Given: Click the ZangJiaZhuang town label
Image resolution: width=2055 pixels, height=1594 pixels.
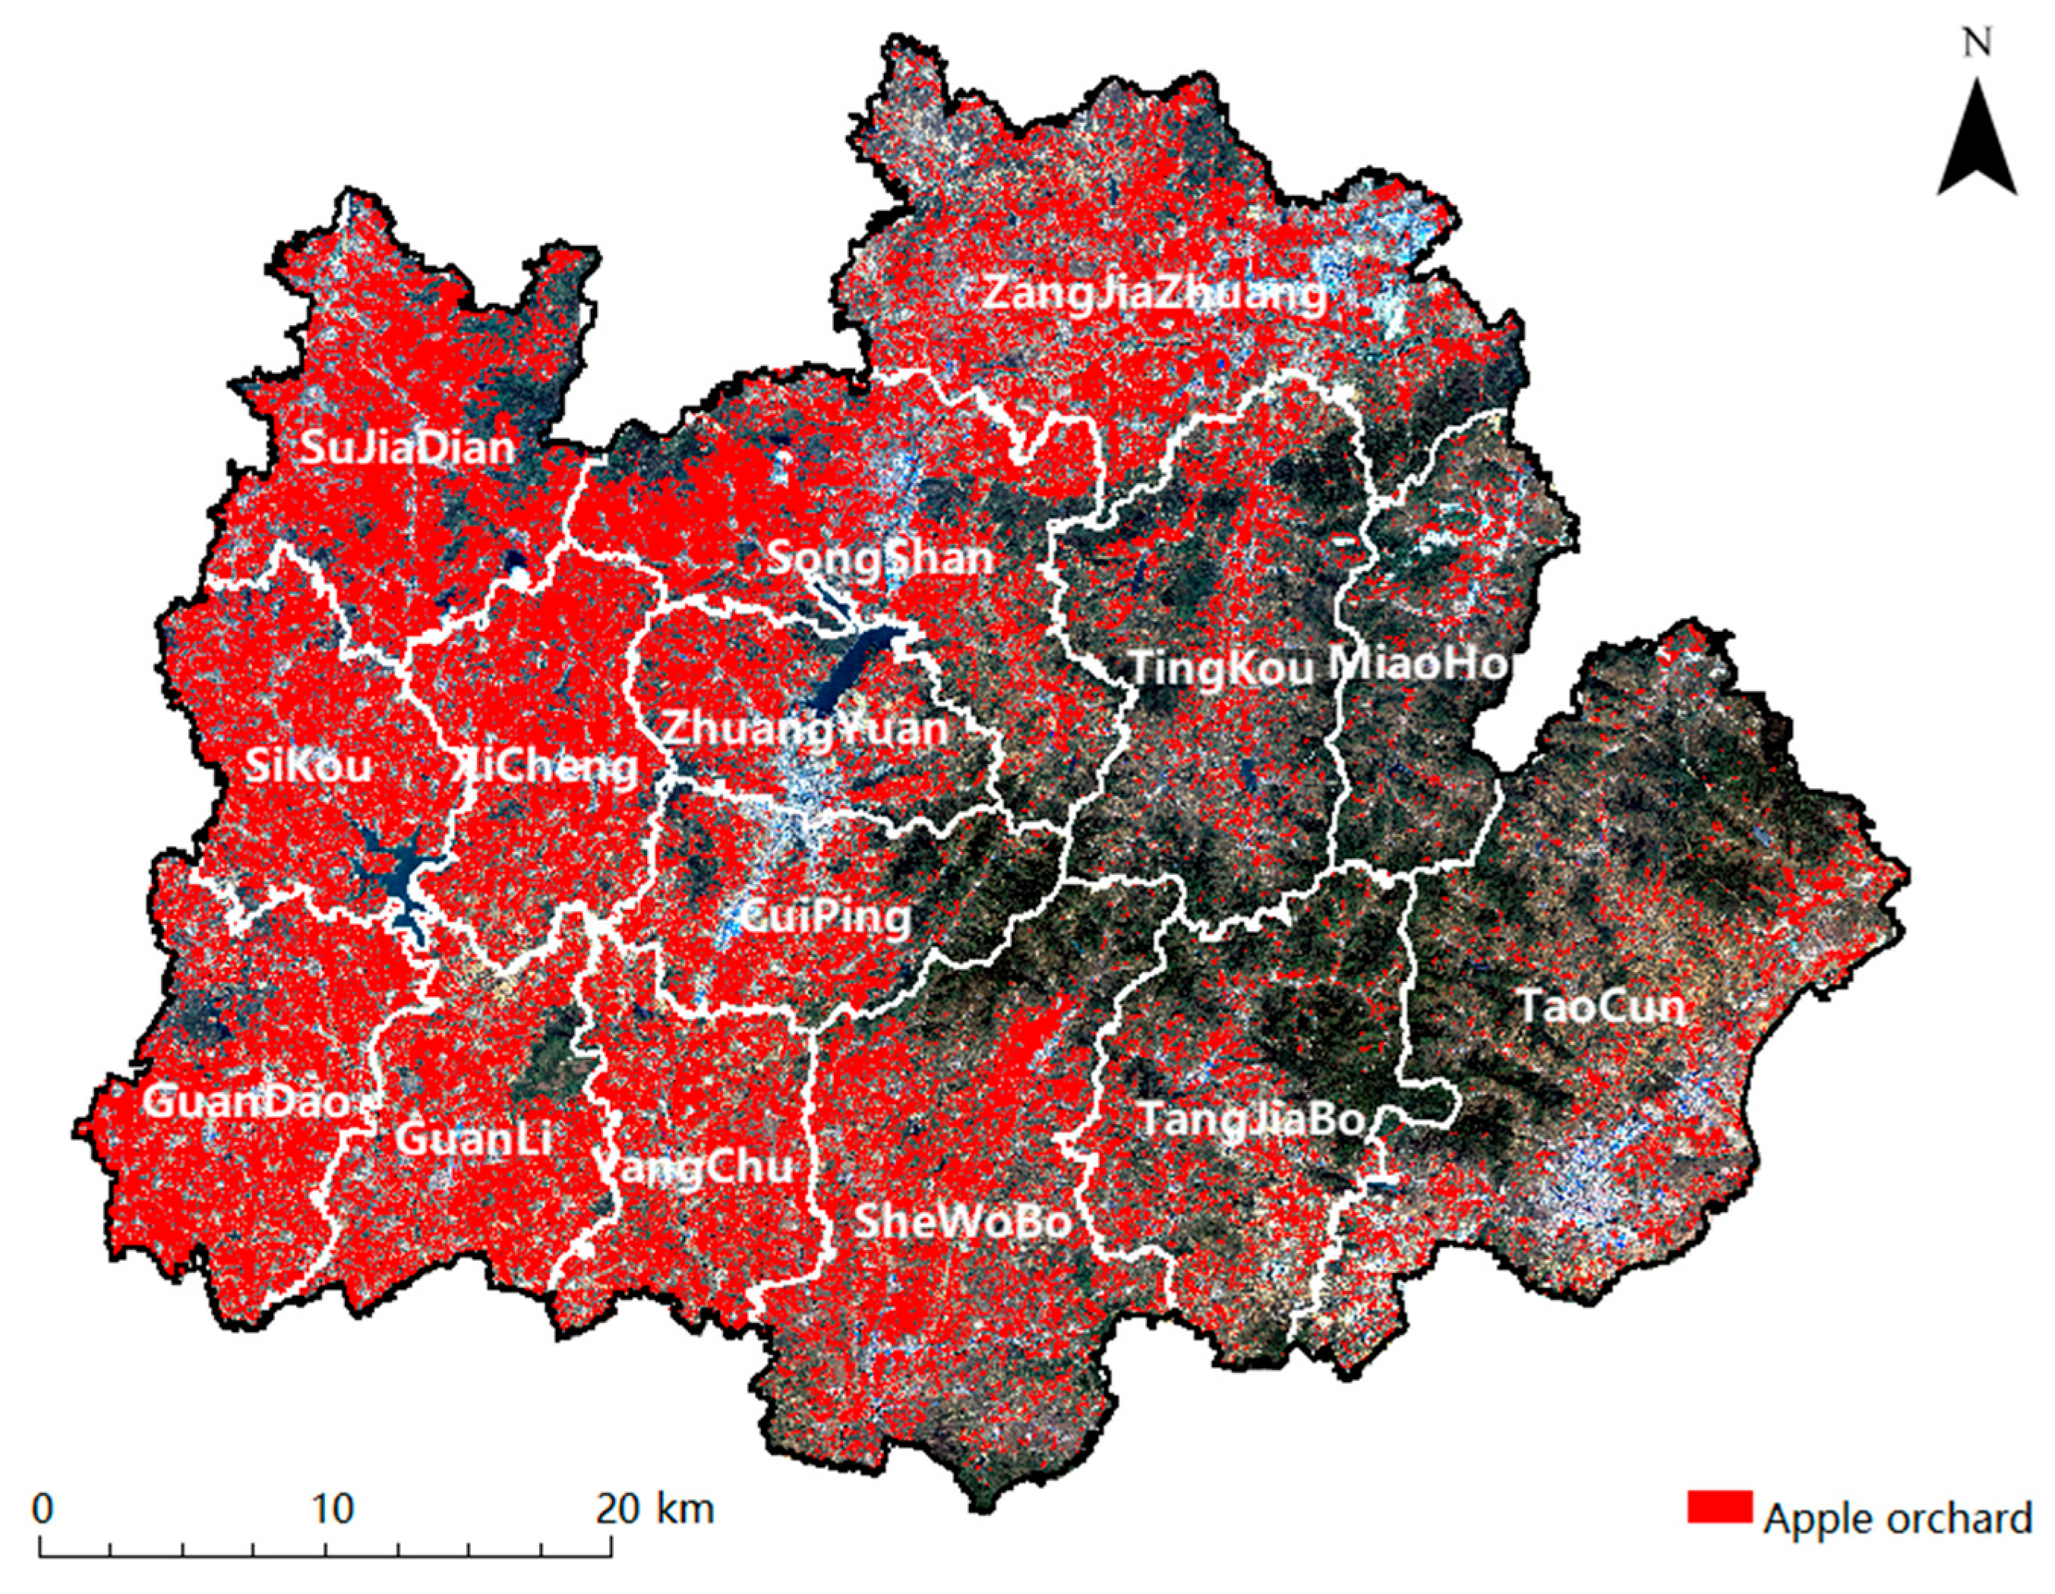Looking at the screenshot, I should click(x=1154, y=295).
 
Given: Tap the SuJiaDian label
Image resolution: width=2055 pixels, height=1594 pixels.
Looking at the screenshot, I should click(x=407, y=448).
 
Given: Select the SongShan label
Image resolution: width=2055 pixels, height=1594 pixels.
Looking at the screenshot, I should click(x=881, y=559).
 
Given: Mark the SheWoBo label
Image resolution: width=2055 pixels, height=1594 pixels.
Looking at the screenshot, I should click(x=961, y=1221).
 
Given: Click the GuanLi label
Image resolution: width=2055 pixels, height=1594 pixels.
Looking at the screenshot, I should click(x=472, y=1141).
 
